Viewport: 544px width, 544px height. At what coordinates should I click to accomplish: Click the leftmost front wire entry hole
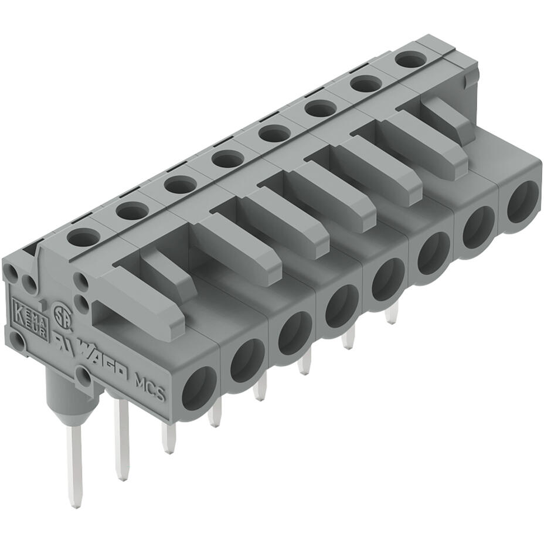tap(199, 388)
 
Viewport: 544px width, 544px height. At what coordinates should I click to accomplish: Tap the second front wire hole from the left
tap(247, 361)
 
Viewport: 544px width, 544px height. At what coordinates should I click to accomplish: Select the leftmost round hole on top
tap(83, 237)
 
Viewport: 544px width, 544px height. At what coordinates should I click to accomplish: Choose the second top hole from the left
tap(132, 210)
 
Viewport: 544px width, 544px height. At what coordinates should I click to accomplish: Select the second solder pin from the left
tap(122, 440)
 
